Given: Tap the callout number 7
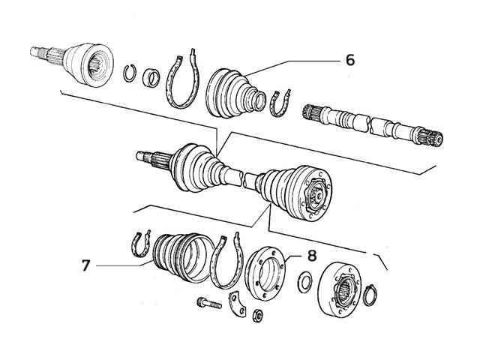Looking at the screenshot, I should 87,265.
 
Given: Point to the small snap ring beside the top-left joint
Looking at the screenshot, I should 129,72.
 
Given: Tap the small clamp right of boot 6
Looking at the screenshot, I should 279,103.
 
